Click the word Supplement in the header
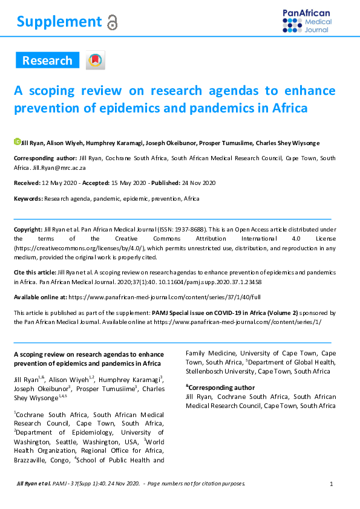[x=59, y=22]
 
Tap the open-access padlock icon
[x=112, y=23]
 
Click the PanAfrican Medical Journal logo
[x=306, y=21]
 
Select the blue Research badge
[x=47, y=60]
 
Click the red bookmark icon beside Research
[x=95, y=60]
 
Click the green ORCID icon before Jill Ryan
[x=17, y=142]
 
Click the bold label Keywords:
[x=28, y=199]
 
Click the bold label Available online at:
[x=40, y=297]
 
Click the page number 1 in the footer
[x=332, y=484]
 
